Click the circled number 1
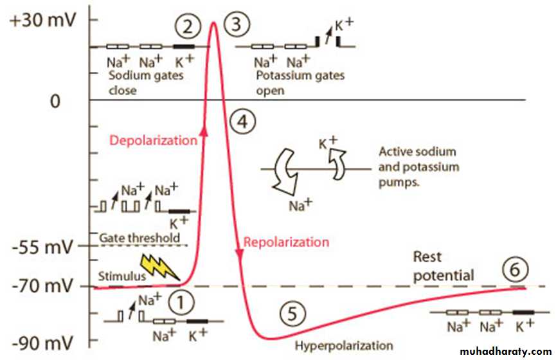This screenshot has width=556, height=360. coord(181,301)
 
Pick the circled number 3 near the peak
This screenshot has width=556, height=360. coord(237,26)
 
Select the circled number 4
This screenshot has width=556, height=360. coord(244,120)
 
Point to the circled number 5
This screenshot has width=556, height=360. coord(291,314)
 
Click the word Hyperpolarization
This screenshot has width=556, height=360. coord(344,346)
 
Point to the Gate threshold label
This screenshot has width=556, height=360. coord(139,238)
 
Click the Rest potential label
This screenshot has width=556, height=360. coord(443,266)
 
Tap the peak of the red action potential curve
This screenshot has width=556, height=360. coord(213,23)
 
